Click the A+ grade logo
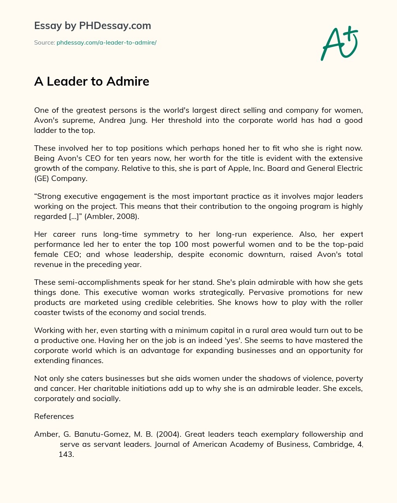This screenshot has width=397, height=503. (x=339, y=44)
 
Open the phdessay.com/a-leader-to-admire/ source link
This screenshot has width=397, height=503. (x=106, y=43)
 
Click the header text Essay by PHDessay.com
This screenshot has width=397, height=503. (x=92, y=26)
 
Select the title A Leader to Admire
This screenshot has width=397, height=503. (x=91, y=81)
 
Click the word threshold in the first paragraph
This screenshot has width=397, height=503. (x=185, y=120)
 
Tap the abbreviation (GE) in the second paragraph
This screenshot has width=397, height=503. (x=41, y=178)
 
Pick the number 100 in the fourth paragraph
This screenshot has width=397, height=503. (x=181, y=244)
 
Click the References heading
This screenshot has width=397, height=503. (x=54, y=416)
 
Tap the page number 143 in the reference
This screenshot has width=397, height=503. (x=66, y=454)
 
